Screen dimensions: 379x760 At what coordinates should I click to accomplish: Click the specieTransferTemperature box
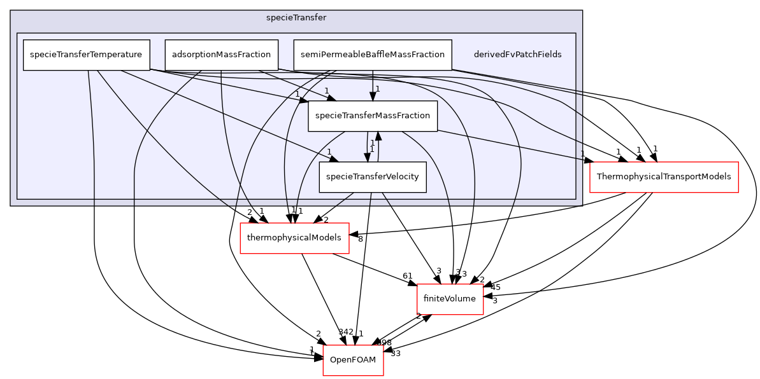click(86, 55)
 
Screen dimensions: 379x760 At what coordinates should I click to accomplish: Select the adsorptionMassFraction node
click(221, 55)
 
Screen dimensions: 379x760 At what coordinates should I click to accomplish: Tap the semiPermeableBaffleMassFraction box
click(372, 55)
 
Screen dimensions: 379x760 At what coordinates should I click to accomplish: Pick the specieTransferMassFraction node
click(373, 116)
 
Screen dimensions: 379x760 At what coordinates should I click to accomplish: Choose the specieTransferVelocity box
click(372, 177)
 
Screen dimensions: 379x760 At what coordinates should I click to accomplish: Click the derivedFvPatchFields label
click(517, 55)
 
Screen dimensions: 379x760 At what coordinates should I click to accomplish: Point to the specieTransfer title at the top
click(296, 18)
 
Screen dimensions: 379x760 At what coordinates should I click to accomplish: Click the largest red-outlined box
click(664, 177)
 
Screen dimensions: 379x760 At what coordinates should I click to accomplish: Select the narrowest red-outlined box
click(353, 361)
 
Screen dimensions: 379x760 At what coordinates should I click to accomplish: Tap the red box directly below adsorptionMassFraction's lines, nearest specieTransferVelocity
click(294, 238)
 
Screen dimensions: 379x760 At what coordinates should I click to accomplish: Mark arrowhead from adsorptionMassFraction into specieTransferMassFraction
click(331, 99)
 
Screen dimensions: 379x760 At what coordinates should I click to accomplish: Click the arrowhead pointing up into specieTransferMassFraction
click(378, 135)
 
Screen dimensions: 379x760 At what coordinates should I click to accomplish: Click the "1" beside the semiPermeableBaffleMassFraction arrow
click(378, 89)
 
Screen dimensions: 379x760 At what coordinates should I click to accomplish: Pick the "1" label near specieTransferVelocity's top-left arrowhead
click(329, 151)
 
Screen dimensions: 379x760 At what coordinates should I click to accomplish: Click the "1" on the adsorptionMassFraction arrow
click(326, 91)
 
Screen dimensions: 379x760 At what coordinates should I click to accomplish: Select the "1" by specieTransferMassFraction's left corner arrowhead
click(297, 95)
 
